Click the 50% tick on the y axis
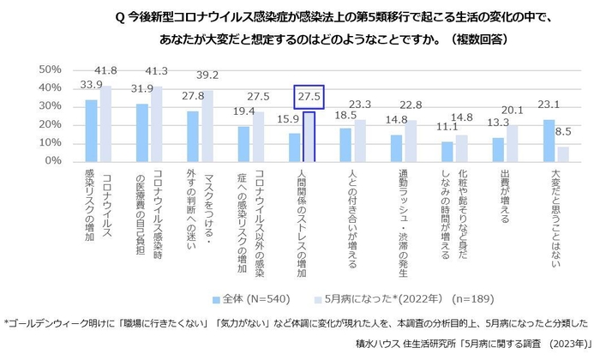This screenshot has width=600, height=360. point(47,69)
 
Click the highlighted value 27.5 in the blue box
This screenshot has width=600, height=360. point(309,98)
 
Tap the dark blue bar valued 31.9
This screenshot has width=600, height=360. point(142,132)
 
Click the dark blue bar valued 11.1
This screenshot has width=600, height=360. point(447,151)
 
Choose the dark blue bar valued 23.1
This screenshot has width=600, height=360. point(549,140)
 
